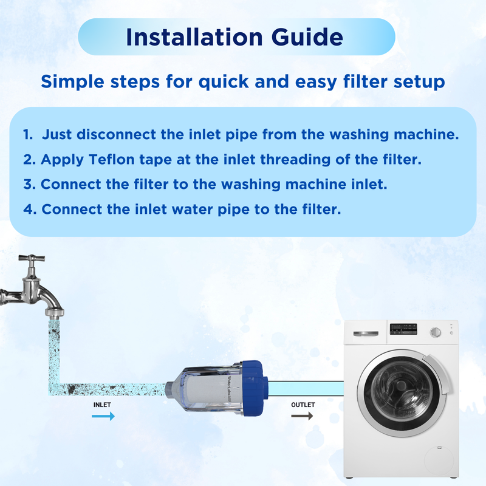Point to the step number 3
[28, 184]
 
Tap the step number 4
[28, 209]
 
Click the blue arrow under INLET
[103, 416]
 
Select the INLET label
[102, 404]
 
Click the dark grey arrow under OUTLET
[302, 416]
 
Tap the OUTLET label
[302, 404]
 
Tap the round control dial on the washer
[435, 333]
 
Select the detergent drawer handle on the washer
[363, 333]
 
